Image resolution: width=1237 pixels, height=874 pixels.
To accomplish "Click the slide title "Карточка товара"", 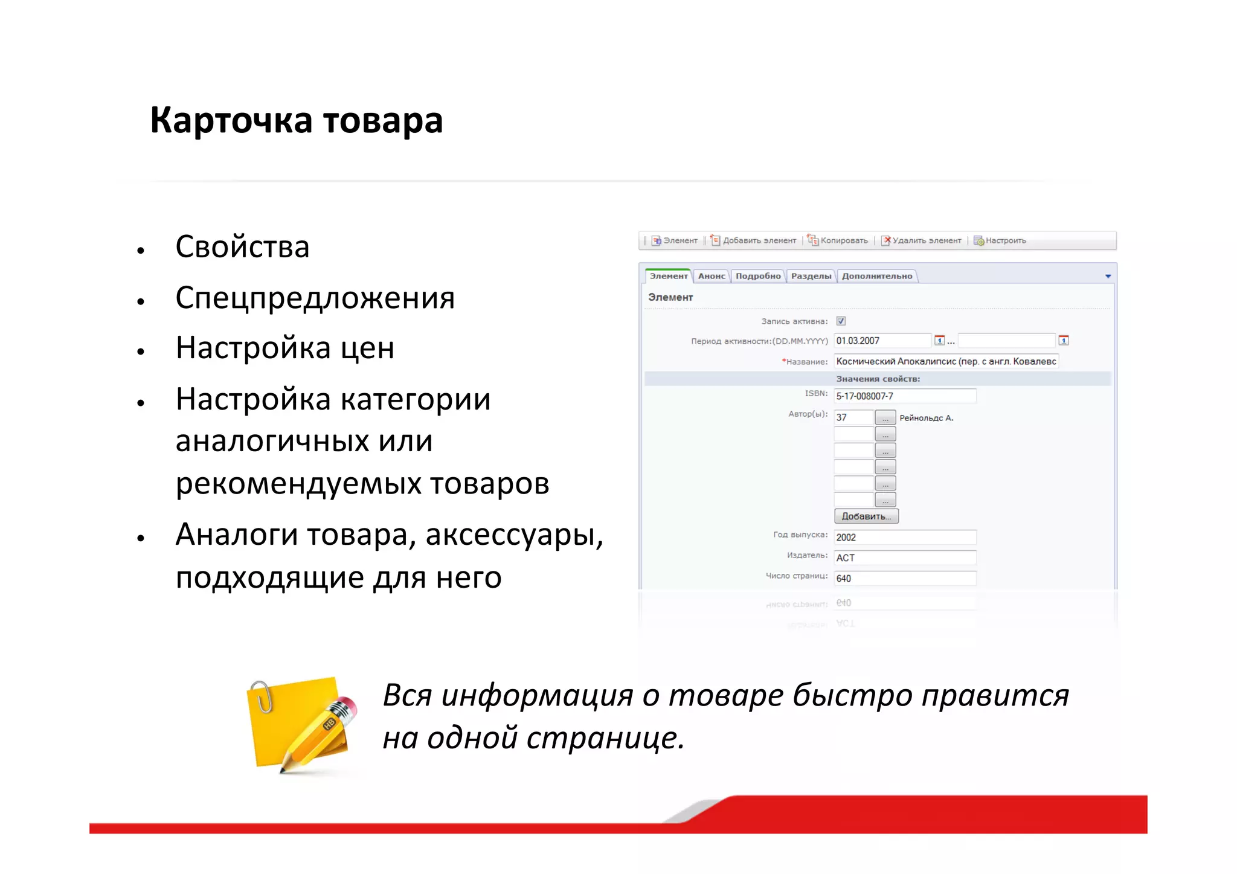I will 296,120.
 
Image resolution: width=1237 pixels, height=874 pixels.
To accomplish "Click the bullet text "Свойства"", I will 242,247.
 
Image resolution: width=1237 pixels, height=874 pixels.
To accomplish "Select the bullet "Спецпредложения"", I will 315,298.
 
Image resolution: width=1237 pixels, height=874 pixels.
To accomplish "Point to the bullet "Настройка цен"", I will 284,348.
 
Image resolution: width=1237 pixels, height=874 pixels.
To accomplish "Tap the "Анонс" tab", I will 711,276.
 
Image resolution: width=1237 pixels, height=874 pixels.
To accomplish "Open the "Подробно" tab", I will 757,276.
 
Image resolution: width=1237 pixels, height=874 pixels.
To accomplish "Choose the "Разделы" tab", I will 811,276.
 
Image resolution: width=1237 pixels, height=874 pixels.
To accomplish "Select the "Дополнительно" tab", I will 876,276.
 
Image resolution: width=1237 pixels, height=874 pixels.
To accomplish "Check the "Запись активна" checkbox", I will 841,321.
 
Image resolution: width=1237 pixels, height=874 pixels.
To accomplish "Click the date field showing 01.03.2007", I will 882,341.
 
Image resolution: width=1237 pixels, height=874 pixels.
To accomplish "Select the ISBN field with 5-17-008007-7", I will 904,396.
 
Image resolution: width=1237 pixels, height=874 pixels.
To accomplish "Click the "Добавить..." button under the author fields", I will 866,516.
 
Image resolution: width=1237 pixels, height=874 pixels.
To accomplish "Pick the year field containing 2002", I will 904,538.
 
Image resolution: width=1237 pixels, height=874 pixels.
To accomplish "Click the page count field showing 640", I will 904,579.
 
